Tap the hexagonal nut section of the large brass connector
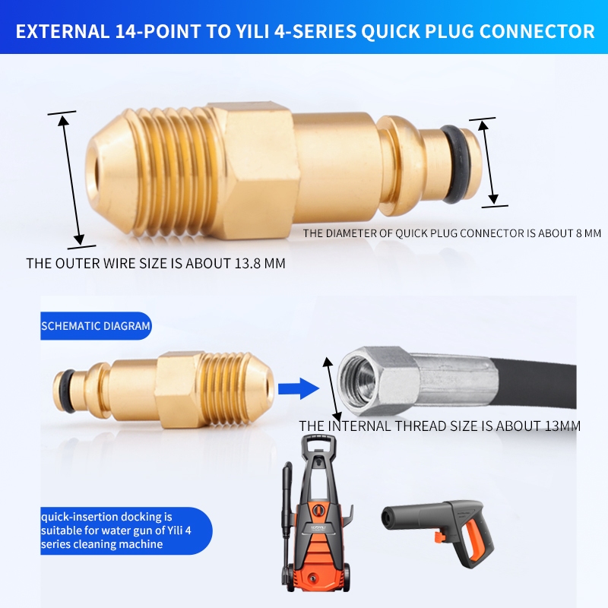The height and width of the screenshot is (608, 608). pos(252,170)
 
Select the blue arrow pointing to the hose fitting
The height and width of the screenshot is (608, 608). pos(299,388)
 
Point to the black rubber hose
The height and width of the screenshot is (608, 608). pos(535,384)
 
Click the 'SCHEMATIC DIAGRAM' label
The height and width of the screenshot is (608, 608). pos(96,326)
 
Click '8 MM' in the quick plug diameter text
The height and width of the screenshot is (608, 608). pos(588,233)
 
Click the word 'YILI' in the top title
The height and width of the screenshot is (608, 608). pos(252,31)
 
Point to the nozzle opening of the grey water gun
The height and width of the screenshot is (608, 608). pos(387,518)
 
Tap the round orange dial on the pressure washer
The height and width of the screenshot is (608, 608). pos(318,509)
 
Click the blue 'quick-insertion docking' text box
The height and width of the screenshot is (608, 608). pos(126,530)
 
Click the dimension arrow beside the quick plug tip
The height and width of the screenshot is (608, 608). pos(488,162)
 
